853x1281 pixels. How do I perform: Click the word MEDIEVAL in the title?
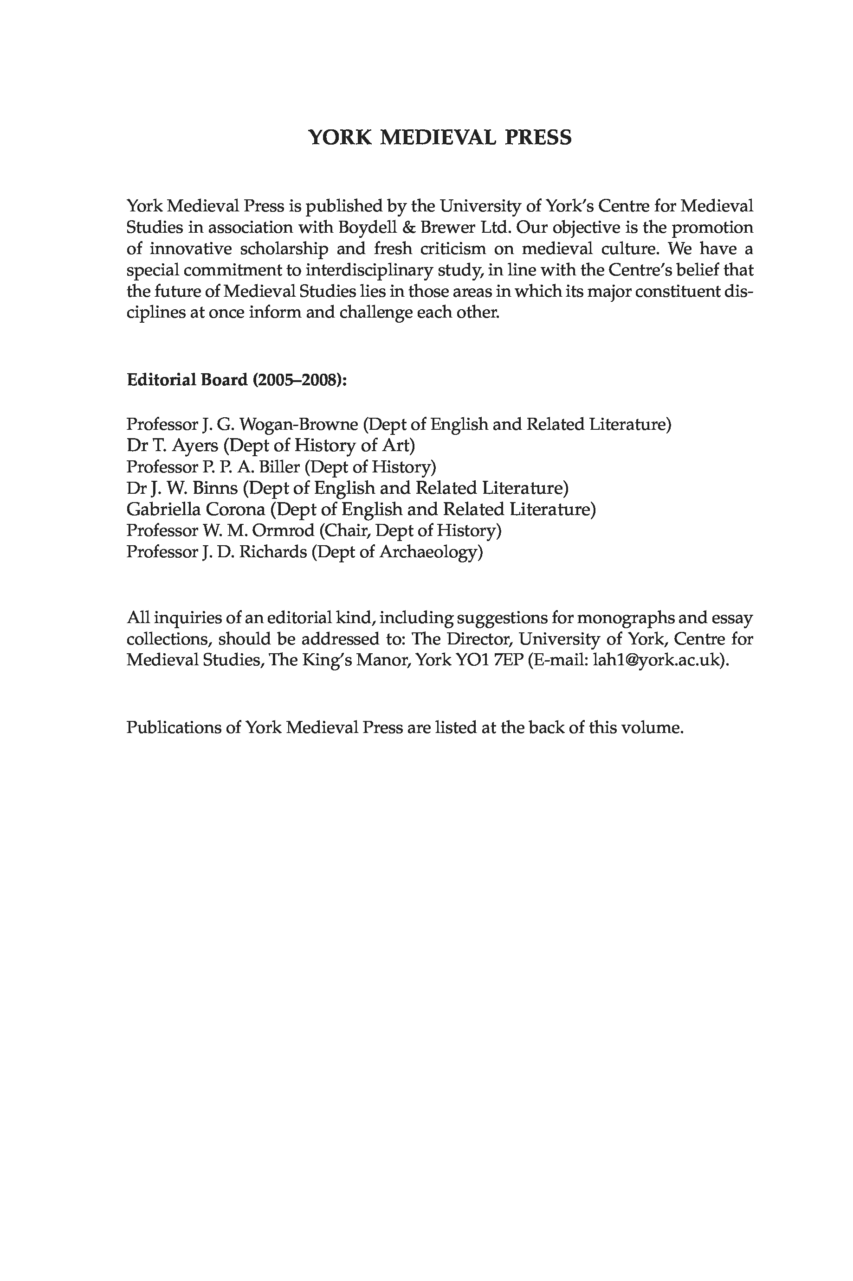tap(438, 138)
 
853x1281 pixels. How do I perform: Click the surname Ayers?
tap(195, 446)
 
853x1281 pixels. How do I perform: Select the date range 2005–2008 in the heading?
tap(297, 380)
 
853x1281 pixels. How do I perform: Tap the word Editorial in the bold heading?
tap(161, 380)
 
